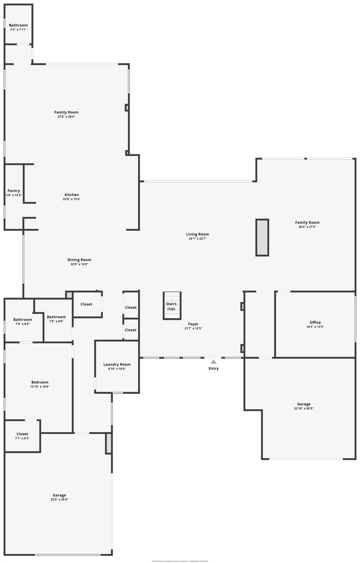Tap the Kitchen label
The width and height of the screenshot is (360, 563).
72,195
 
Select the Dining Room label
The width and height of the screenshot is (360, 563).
79,260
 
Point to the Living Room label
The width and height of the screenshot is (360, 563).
197,234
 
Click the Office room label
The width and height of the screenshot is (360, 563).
315,323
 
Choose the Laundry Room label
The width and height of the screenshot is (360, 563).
117,364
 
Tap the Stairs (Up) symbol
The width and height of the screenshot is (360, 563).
172,306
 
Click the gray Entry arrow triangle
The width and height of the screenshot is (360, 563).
214,362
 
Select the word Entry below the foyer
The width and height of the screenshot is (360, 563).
214,368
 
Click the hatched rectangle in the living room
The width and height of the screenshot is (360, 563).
262,238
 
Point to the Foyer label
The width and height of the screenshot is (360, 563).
193,324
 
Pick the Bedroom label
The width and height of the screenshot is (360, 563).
40,382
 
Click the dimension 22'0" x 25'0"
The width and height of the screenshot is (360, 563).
59,500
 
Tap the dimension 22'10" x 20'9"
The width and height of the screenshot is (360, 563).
304,409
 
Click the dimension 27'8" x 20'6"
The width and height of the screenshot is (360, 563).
66,117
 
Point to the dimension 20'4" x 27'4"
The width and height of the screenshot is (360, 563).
307,227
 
